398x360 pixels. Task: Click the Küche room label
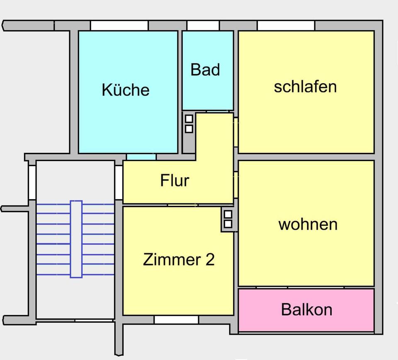pos(125,90)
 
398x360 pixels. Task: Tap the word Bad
pos(205,70)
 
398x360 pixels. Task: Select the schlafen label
pos(305,87)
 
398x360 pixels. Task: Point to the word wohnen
pos(308,224)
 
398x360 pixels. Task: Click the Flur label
pos(175,181)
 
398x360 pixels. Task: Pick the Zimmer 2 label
pos(179,260)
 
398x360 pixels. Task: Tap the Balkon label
pos(306,309)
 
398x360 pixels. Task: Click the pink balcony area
pos(257,319)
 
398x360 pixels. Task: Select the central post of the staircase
pos(76,239)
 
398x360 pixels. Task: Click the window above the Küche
pos(119,26)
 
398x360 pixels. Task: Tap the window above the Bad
pos(203,26)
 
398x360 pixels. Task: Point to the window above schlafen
pos(286,26)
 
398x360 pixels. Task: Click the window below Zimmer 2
pos(176,320)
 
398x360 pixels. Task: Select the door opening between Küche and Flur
pos(141,157)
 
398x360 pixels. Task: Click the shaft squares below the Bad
pos(189,124)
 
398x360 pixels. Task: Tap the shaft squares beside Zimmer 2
pos(228,219)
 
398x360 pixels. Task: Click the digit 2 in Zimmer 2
pos(210,260)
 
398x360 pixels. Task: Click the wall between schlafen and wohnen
pos(306,157)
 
